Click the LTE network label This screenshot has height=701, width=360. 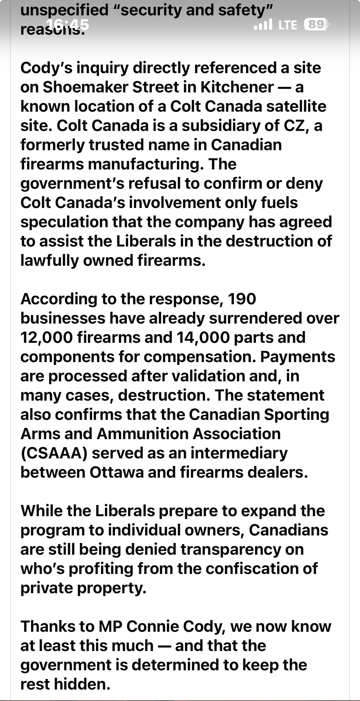(x=288, y=25)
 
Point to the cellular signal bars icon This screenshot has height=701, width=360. (x=263, y=25)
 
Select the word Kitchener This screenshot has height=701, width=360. (x=237, y=87)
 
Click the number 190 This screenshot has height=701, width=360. (x=242, y=299)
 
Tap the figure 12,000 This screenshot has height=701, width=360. (x=46, y=337)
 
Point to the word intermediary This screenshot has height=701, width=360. (x=239, y=453)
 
